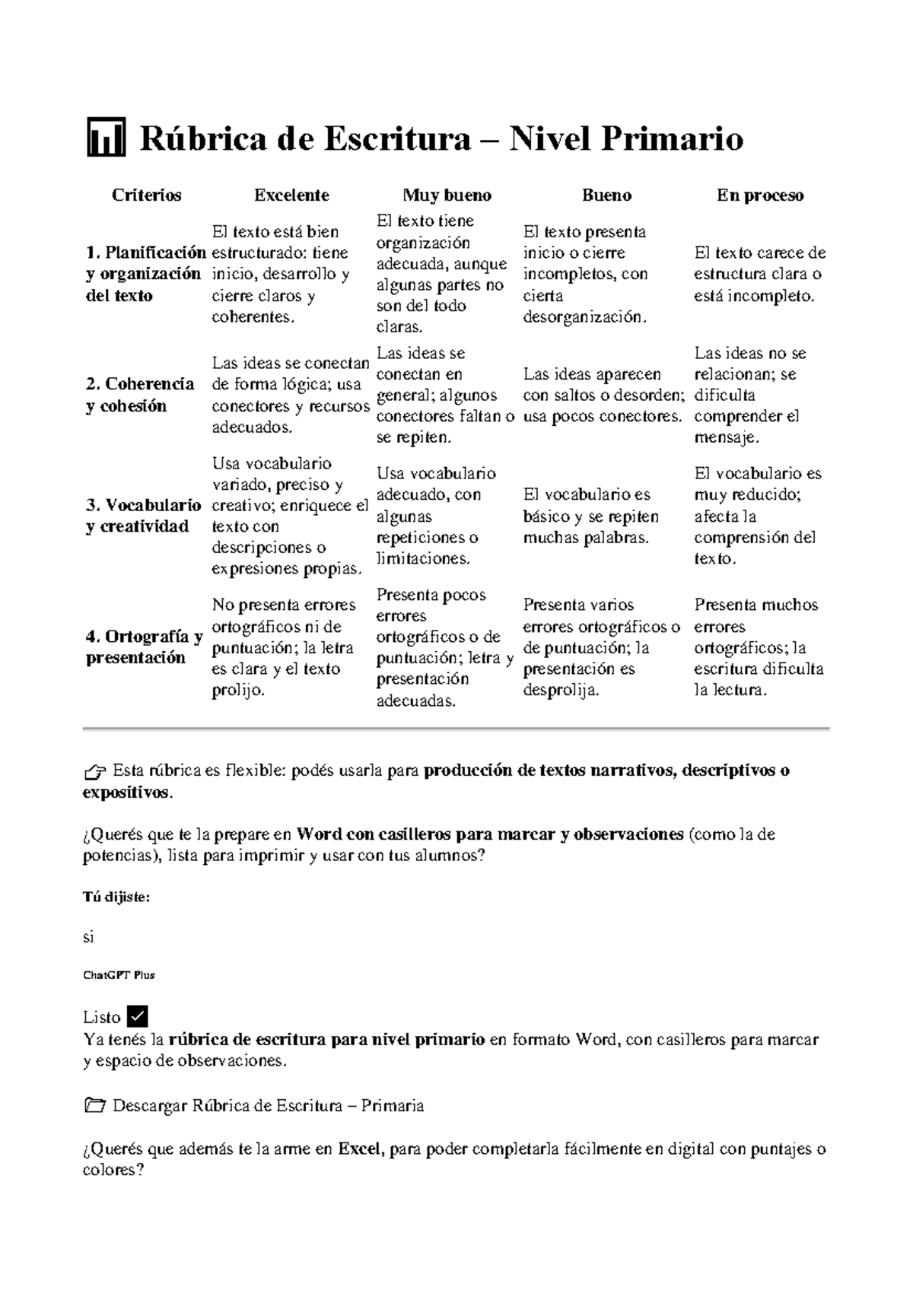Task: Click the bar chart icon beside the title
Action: (x=106, y=138)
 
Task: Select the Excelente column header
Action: (x=291, y=195)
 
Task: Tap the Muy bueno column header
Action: (x=447, y=195)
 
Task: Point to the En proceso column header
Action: (x=759, y=195)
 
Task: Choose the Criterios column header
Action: (x=146, y=195)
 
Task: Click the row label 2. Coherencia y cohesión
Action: (x=140, y=395)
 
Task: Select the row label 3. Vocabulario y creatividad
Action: (x=143, y=516)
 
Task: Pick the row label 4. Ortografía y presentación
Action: (x=143, y=647)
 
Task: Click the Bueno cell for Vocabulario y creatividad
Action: (x=591, y=516)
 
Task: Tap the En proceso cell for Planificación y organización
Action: (x=759, y=274)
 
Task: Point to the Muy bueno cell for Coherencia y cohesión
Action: (x=444, y=395)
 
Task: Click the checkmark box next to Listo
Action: (x=138, y=1016)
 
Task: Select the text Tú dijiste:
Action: (x=116, y=898)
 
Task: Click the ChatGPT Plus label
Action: (x=118, y=975)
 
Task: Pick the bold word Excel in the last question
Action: (x=358, y=1149)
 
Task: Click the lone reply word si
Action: (x=88, y=937)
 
